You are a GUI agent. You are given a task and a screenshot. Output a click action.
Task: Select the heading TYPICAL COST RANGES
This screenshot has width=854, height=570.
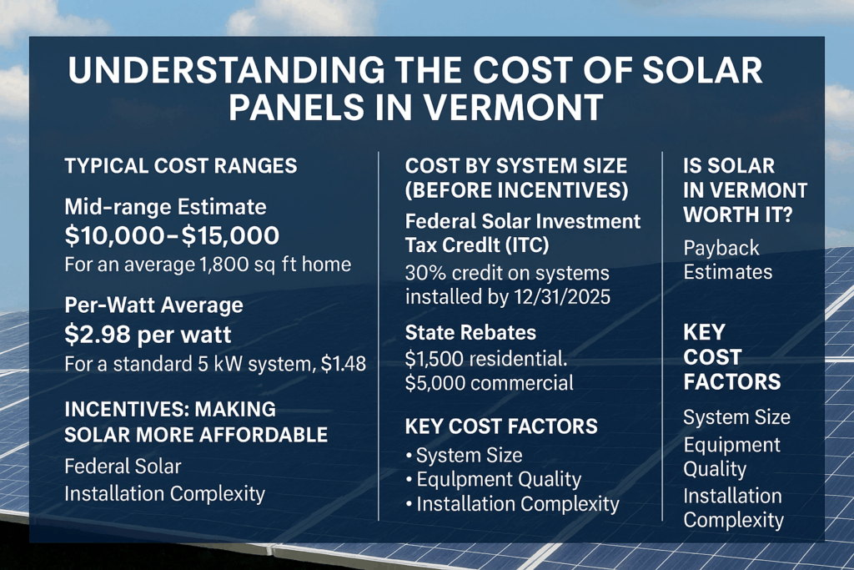pos(180,166)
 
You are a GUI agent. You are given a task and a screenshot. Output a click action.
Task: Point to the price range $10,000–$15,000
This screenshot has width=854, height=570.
pos(172,237)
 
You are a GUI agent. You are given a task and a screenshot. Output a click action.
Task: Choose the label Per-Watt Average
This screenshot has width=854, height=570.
pos(153,305)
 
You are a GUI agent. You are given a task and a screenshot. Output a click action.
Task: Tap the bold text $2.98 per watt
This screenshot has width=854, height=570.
pos(149,335)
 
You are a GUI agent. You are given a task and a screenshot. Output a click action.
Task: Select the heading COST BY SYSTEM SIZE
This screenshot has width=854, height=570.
pos(515,165)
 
